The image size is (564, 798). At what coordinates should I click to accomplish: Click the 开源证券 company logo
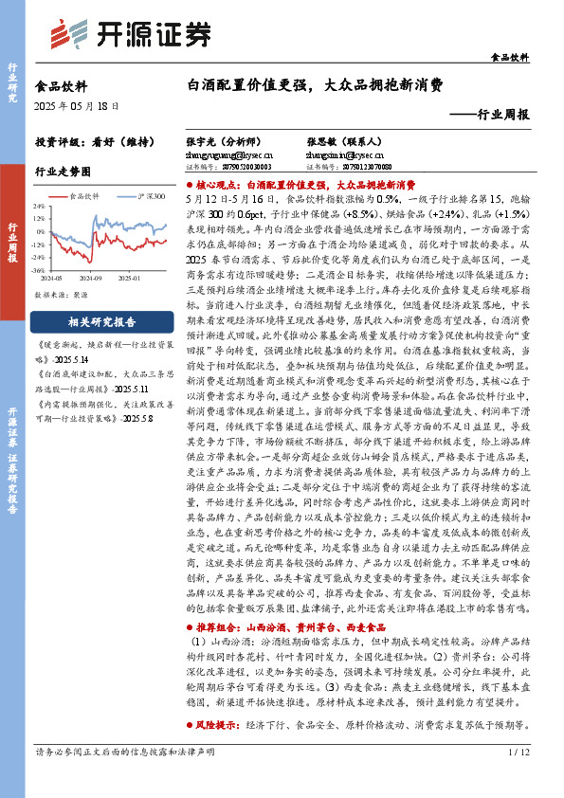tap(130, 33)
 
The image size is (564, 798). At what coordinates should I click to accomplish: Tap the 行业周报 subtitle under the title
tap(494, 114)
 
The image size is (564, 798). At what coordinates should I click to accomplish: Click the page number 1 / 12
tap(518, 778)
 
